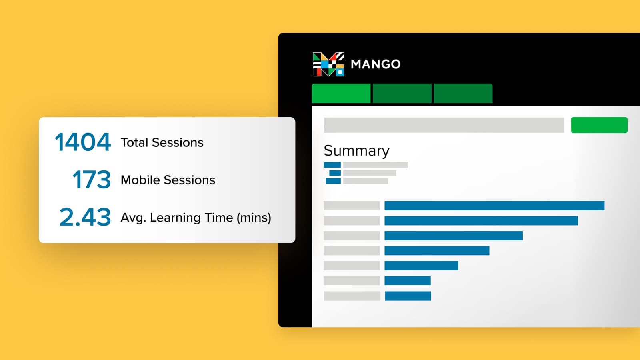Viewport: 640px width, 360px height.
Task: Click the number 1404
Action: click(x=82, y=142)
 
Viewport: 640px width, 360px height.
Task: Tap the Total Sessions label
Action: click(x=162, y=142)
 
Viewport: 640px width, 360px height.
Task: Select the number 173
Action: click(x=92, y=180)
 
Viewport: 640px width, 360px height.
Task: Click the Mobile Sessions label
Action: click(x=168, y=180)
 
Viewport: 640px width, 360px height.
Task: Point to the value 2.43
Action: click(x=85, y=217)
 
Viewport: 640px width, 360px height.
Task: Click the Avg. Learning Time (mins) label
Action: click(x=196, y=218)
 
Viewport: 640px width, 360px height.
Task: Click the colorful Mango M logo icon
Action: click(x=328, y=64)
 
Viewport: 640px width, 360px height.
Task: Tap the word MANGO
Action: click(x=376, y=64)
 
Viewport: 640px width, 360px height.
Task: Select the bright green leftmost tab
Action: click(x=341, y=94)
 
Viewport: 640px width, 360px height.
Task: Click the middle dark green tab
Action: click(x=402, y=94)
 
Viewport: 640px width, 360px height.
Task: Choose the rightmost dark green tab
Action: click(x=463, y=94)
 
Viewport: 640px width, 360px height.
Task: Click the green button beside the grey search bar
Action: click(x=599, y=125)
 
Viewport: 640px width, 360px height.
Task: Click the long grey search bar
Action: click(x=444, y=125)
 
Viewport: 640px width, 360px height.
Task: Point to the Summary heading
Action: click(x=356, y=150)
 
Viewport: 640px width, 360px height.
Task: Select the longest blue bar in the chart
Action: click(x=494, y=206)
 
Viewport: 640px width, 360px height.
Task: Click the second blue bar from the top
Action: click(x=481, y=220)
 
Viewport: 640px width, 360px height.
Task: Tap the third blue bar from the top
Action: click(x=454, y=236)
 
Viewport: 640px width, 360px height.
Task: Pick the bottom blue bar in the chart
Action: click(x=408, y=296)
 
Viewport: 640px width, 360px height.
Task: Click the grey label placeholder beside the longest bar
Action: click(x=352, y=206)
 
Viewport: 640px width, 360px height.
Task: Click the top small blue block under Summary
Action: click(x=332, y=165)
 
